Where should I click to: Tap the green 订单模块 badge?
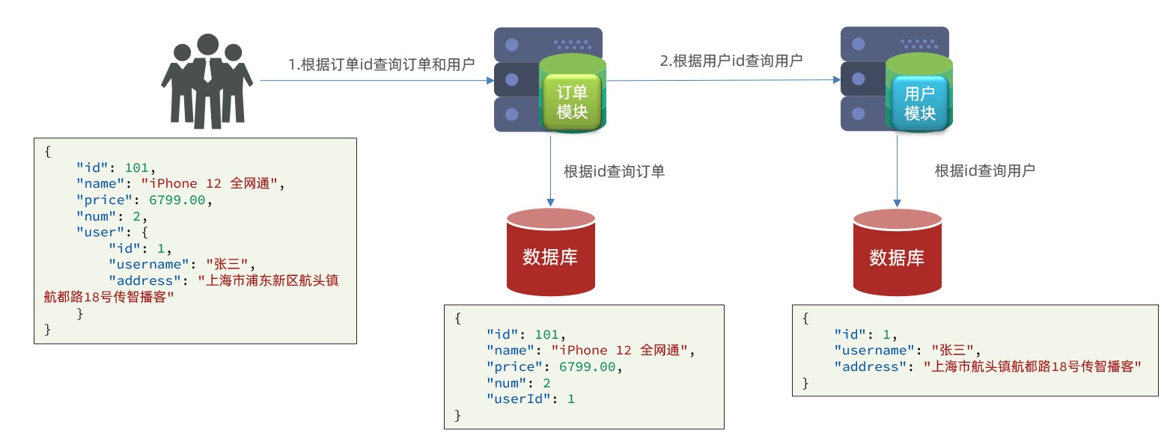[x=573, y=102]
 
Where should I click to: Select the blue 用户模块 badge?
[x=920, y=103]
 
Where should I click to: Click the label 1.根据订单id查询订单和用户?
[x=382, y=64]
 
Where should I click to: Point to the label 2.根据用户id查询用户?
[x=731, y=61]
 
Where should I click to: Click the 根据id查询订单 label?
[x=614, y=171]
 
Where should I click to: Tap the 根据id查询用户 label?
[x=984, y=171]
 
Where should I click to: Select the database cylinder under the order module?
[x=550, y=252]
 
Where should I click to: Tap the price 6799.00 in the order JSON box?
[x=586, y=366]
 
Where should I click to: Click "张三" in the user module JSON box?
[x=954, y=350]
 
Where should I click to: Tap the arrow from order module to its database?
[x=550, y=172]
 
